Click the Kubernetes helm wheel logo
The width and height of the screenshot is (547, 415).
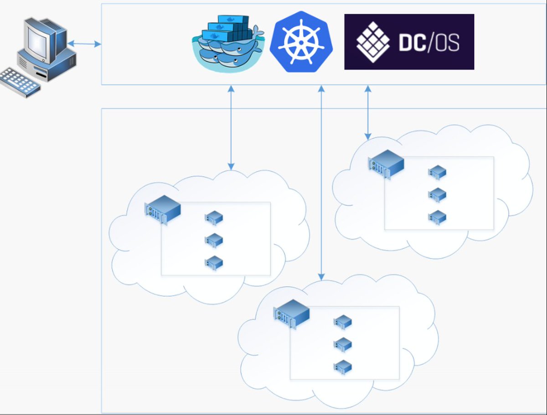(301, 42)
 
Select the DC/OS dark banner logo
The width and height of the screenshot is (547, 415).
(409, 42)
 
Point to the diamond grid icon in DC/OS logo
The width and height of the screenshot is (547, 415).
(373, 42)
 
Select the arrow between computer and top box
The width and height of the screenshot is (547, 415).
(84, 44)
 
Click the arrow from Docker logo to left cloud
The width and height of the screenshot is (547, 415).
(231, 128)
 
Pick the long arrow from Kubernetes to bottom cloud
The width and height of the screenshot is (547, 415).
(321, 183)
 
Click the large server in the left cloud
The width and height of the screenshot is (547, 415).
(163, 210)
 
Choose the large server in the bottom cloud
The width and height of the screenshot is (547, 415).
(291, 314)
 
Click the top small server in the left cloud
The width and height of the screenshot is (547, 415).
(214, 218)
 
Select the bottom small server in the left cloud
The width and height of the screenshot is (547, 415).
(214, 263)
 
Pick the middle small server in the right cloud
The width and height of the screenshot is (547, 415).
(437, 195)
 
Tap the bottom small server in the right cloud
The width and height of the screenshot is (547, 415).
(437, 217)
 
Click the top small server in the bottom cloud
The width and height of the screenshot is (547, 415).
(343, 322)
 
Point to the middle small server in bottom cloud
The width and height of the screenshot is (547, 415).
(343, 344)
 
